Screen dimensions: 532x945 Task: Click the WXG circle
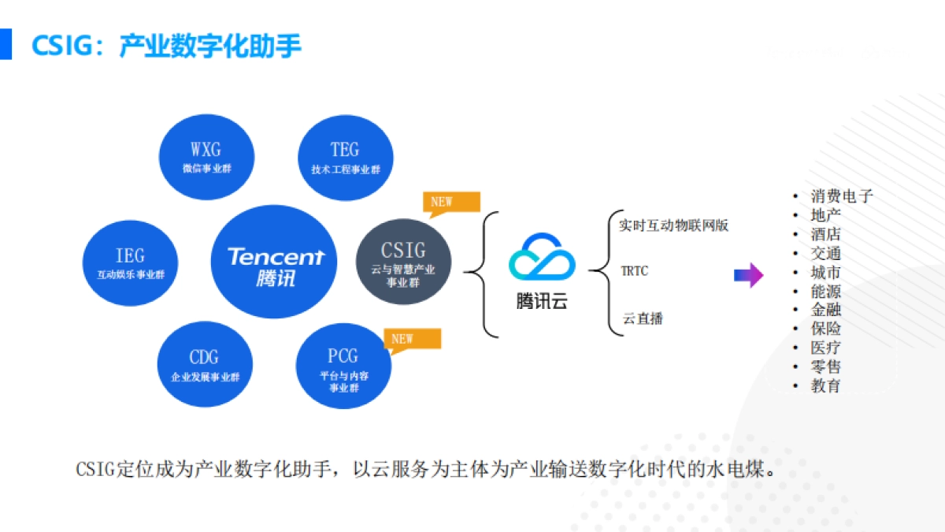206,157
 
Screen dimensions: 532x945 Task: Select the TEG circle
344,157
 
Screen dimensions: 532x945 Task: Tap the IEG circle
130,263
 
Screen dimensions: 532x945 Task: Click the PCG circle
343,366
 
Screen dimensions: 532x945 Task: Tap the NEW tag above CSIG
450,203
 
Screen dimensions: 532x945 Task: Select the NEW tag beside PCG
411,340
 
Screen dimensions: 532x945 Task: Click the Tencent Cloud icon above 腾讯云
542,257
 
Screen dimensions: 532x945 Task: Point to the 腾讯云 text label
542,302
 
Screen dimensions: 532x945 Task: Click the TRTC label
635,271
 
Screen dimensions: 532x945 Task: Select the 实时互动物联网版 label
673,225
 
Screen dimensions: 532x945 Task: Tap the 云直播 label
643,318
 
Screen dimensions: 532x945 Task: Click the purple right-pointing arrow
748,275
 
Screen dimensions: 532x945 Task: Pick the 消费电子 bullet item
841,196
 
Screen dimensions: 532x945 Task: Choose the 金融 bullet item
825,310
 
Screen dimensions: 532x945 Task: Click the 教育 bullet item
825,385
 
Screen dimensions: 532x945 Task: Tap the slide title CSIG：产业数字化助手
166,45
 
